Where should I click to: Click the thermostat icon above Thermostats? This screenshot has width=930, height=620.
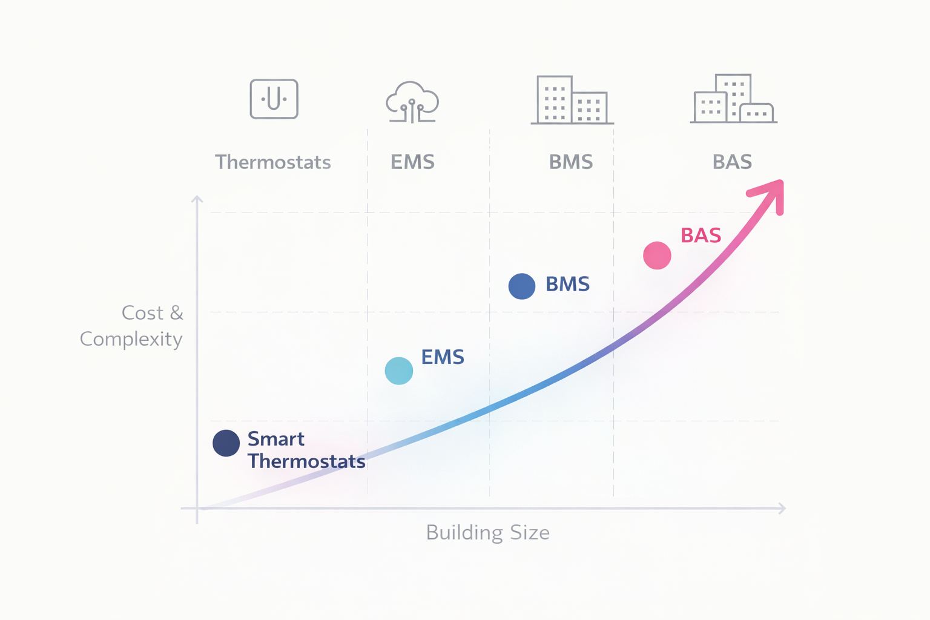[x=274, y=99]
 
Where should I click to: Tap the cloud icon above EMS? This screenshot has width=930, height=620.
[x=412, y=102]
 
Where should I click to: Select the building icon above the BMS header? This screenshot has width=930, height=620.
[x=572, y=100]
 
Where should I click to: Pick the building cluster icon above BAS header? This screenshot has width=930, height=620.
[x=733, y=99]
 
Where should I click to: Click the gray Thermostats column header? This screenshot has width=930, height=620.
[x=273, y=162]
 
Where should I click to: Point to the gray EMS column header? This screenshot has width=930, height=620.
[x=412, y=162]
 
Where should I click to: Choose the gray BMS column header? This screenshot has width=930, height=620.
[x=570, y=162]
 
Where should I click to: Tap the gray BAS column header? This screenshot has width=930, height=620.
[x=732, y=162]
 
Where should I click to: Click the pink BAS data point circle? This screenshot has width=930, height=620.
[x=657, y=255]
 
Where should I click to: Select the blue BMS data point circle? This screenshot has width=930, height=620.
[x=521, y=286]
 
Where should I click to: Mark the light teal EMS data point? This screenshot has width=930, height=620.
[x=399, y=371]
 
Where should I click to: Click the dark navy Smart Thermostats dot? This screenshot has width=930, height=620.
[x=226, y=443]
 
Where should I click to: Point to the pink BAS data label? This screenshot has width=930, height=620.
[x=701, y=236]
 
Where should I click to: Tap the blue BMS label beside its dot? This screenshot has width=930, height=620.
[x=567, y=284]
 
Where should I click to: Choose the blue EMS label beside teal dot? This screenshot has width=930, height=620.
[x=443, y=357]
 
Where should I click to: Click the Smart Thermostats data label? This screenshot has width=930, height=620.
[x=306, y=450]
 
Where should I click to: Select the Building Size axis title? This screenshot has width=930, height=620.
[x=487, y=533]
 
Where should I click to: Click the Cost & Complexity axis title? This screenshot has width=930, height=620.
[x=132, y=326]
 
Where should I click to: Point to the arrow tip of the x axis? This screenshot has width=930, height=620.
[x=783, y=509]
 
